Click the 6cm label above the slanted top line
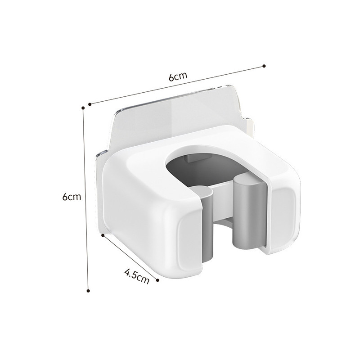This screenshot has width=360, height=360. coord(178,76)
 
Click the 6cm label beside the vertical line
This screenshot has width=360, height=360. coord(72,197)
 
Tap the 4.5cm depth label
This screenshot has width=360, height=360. coord(137,276)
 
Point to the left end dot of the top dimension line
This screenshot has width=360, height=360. coord(90,104)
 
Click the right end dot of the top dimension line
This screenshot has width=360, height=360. coord(264,66)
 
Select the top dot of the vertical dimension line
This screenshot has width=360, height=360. coord(83,108)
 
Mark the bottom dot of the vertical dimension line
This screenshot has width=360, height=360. coord(88,291)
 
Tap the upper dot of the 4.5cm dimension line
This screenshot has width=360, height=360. coord(103,235)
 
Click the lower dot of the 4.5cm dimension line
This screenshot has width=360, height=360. coord(157,280)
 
